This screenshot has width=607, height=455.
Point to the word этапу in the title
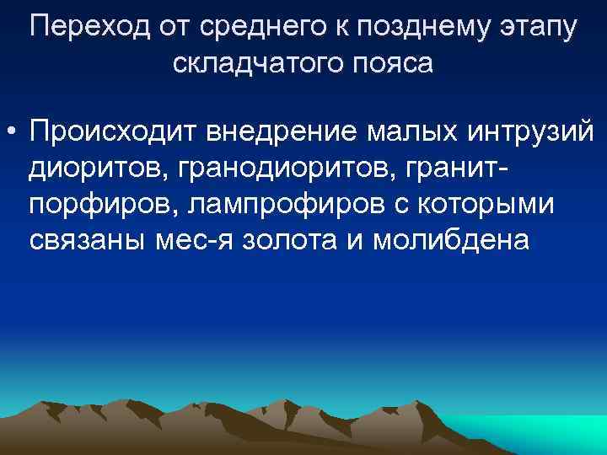tap(535, 28)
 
